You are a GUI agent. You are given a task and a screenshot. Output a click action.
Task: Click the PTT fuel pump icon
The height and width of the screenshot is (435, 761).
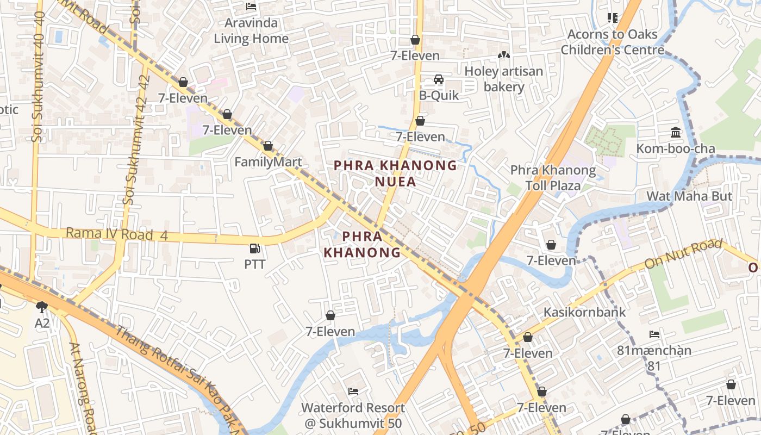pos(254,248)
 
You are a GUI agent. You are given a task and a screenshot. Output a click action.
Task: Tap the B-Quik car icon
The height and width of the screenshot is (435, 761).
pos(438,80)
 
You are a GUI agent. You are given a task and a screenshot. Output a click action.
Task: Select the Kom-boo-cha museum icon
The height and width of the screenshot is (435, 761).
pos(676,132)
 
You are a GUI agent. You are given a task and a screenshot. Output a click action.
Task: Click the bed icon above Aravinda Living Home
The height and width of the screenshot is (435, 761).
pos(251,7)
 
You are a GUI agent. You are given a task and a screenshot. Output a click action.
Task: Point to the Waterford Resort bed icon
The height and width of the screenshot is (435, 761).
pos(353,391)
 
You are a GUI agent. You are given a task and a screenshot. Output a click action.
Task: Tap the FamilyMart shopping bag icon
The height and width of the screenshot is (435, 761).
pos(267,146)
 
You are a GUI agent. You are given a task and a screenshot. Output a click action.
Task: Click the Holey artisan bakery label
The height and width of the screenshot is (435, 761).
pos(503,79)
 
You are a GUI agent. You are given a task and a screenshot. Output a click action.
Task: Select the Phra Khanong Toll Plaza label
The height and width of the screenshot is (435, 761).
pos(552,178)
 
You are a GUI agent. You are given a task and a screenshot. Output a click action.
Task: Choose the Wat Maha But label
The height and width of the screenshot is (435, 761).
pos(689,196)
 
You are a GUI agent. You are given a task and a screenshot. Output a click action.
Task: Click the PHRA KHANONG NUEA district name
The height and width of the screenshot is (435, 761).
pos(395,173)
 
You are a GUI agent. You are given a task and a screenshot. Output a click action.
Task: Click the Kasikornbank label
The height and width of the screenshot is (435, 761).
pos(585,312)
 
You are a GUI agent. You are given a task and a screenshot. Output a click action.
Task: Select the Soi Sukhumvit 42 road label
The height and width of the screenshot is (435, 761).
pos(136,140)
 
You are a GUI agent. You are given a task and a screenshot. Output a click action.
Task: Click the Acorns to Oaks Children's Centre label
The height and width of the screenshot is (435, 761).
pos(612,42)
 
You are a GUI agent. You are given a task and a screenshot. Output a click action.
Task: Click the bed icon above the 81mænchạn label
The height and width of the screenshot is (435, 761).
pos(654,334)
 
